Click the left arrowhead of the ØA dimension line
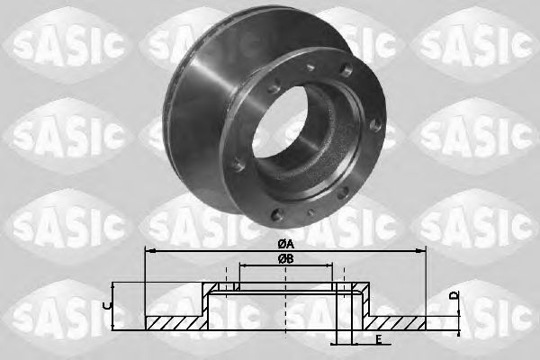tap(148, 250)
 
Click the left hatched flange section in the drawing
tap(176, 322)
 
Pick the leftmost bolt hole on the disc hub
tap(236, 166)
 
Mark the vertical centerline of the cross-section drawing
tap(286, 306)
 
